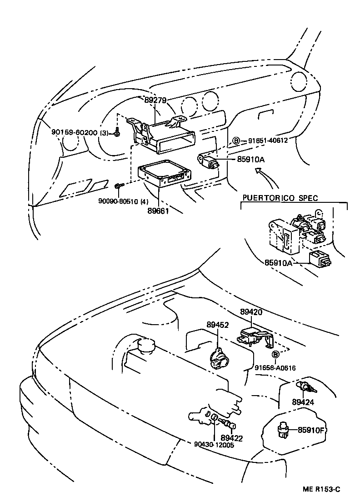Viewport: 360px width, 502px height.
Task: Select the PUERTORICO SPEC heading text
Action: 280,198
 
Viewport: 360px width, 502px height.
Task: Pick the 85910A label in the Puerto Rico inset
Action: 279,263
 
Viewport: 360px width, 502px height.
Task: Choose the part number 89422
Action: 232,438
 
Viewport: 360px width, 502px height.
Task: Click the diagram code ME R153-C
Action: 321,489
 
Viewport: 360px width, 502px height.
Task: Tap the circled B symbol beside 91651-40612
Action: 236,141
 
